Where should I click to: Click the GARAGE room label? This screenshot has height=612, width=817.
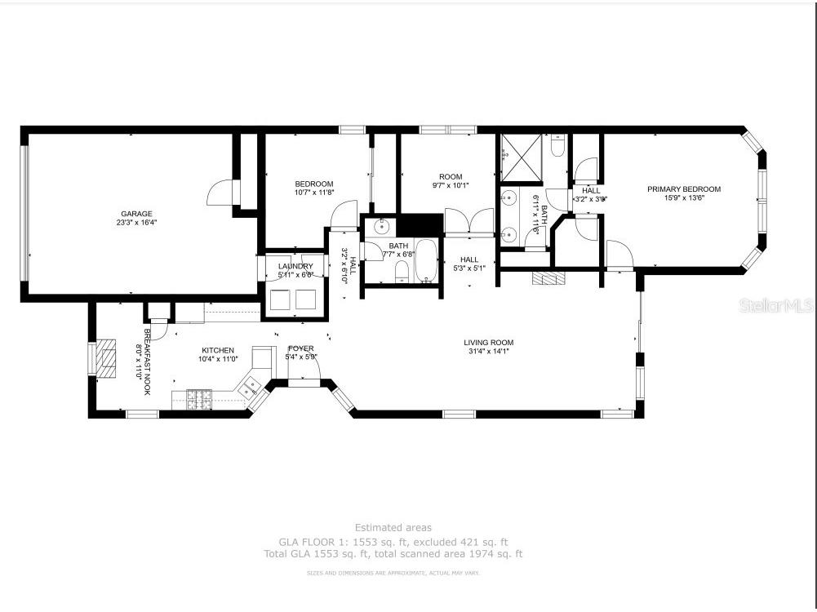point(137,214)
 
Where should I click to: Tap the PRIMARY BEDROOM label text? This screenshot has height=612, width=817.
point(684,189)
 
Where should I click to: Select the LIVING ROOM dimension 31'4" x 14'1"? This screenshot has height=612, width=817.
point(488,352)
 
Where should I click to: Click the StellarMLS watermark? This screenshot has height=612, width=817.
point(775,306)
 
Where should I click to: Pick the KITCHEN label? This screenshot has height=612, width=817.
point(218,350)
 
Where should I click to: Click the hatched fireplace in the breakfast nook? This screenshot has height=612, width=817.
point(105,359)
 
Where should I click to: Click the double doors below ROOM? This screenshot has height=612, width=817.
point(468,222)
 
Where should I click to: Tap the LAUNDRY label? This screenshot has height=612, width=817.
point(295,266)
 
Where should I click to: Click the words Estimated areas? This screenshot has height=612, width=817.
point(393,528)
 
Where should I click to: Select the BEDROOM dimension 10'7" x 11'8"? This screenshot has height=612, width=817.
point(314,193)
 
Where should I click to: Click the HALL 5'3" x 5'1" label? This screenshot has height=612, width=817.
point(469,264)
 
